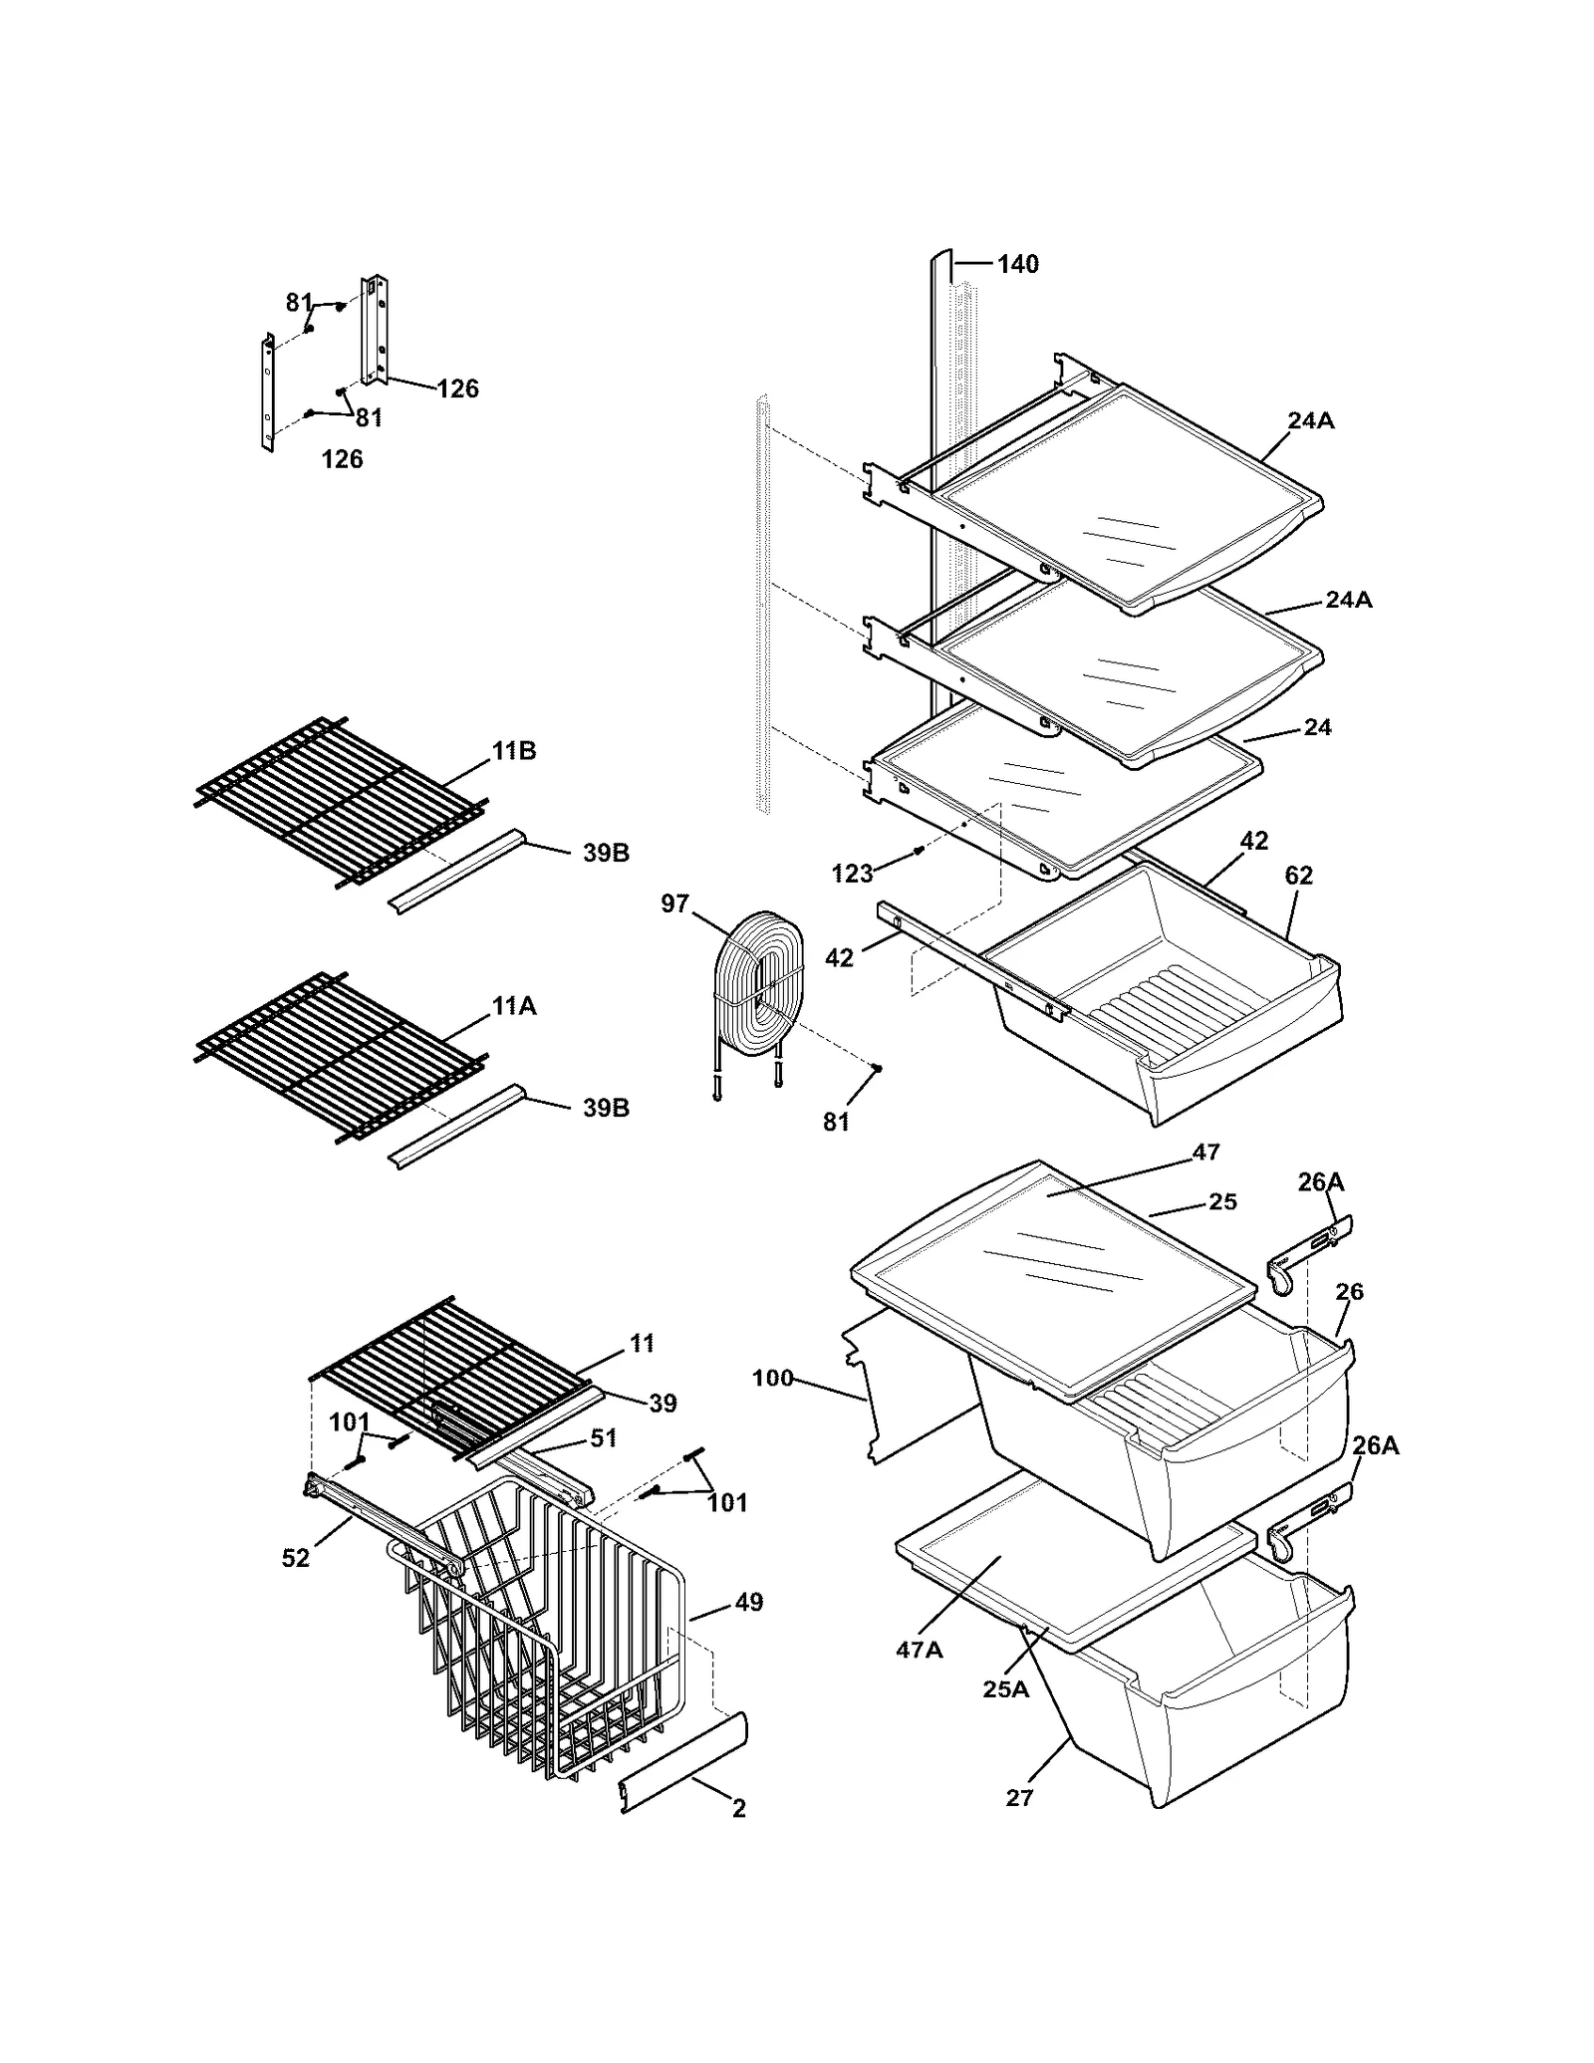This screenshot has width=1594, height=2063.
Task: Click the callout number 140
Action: tap(1017, 264)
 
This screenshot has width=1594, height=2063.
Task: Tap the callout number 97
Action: tap(674, 903)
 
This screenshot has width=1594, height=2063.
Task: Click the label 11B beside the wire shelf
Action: tap(513, 751)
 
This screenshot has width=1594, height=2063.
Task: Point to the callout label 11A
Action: tap(513, 1006)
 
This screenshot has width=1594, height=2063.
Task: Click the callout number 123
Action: tap(852, 874)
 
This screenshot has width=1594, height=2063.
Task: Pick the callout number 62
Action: tap(1298, 875)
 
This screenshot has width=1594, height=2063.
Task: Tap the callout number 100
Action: tap(772, 1378)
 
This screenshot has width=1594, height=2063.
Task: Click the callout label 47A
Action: tap(919, 1650)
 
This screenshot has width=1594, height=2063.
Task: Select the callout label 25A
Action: tap(1005, 1688)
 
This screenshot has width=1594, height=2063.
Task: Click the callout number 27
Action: tap(1019, 1797)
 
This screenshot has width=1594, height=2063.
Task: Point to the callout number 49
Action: tap(748, 1602)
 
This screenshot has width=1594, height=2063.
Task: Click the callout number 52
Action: tap(296, 1558)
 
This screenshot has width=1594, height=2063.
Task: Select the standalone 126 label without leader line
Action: tap(342, 459)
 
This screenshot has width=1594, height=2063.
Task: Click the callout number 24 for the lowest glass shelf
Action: tap(1317, 727)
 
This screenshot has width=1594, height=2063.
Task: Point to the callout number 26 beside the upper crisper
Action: tap(1349, 1292)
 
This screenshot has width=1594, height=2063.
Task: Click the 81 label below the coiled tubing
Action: tap(836, 1122)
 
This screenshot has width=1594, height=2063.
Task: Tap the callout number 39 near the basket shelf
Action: tap(663, 1403)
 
